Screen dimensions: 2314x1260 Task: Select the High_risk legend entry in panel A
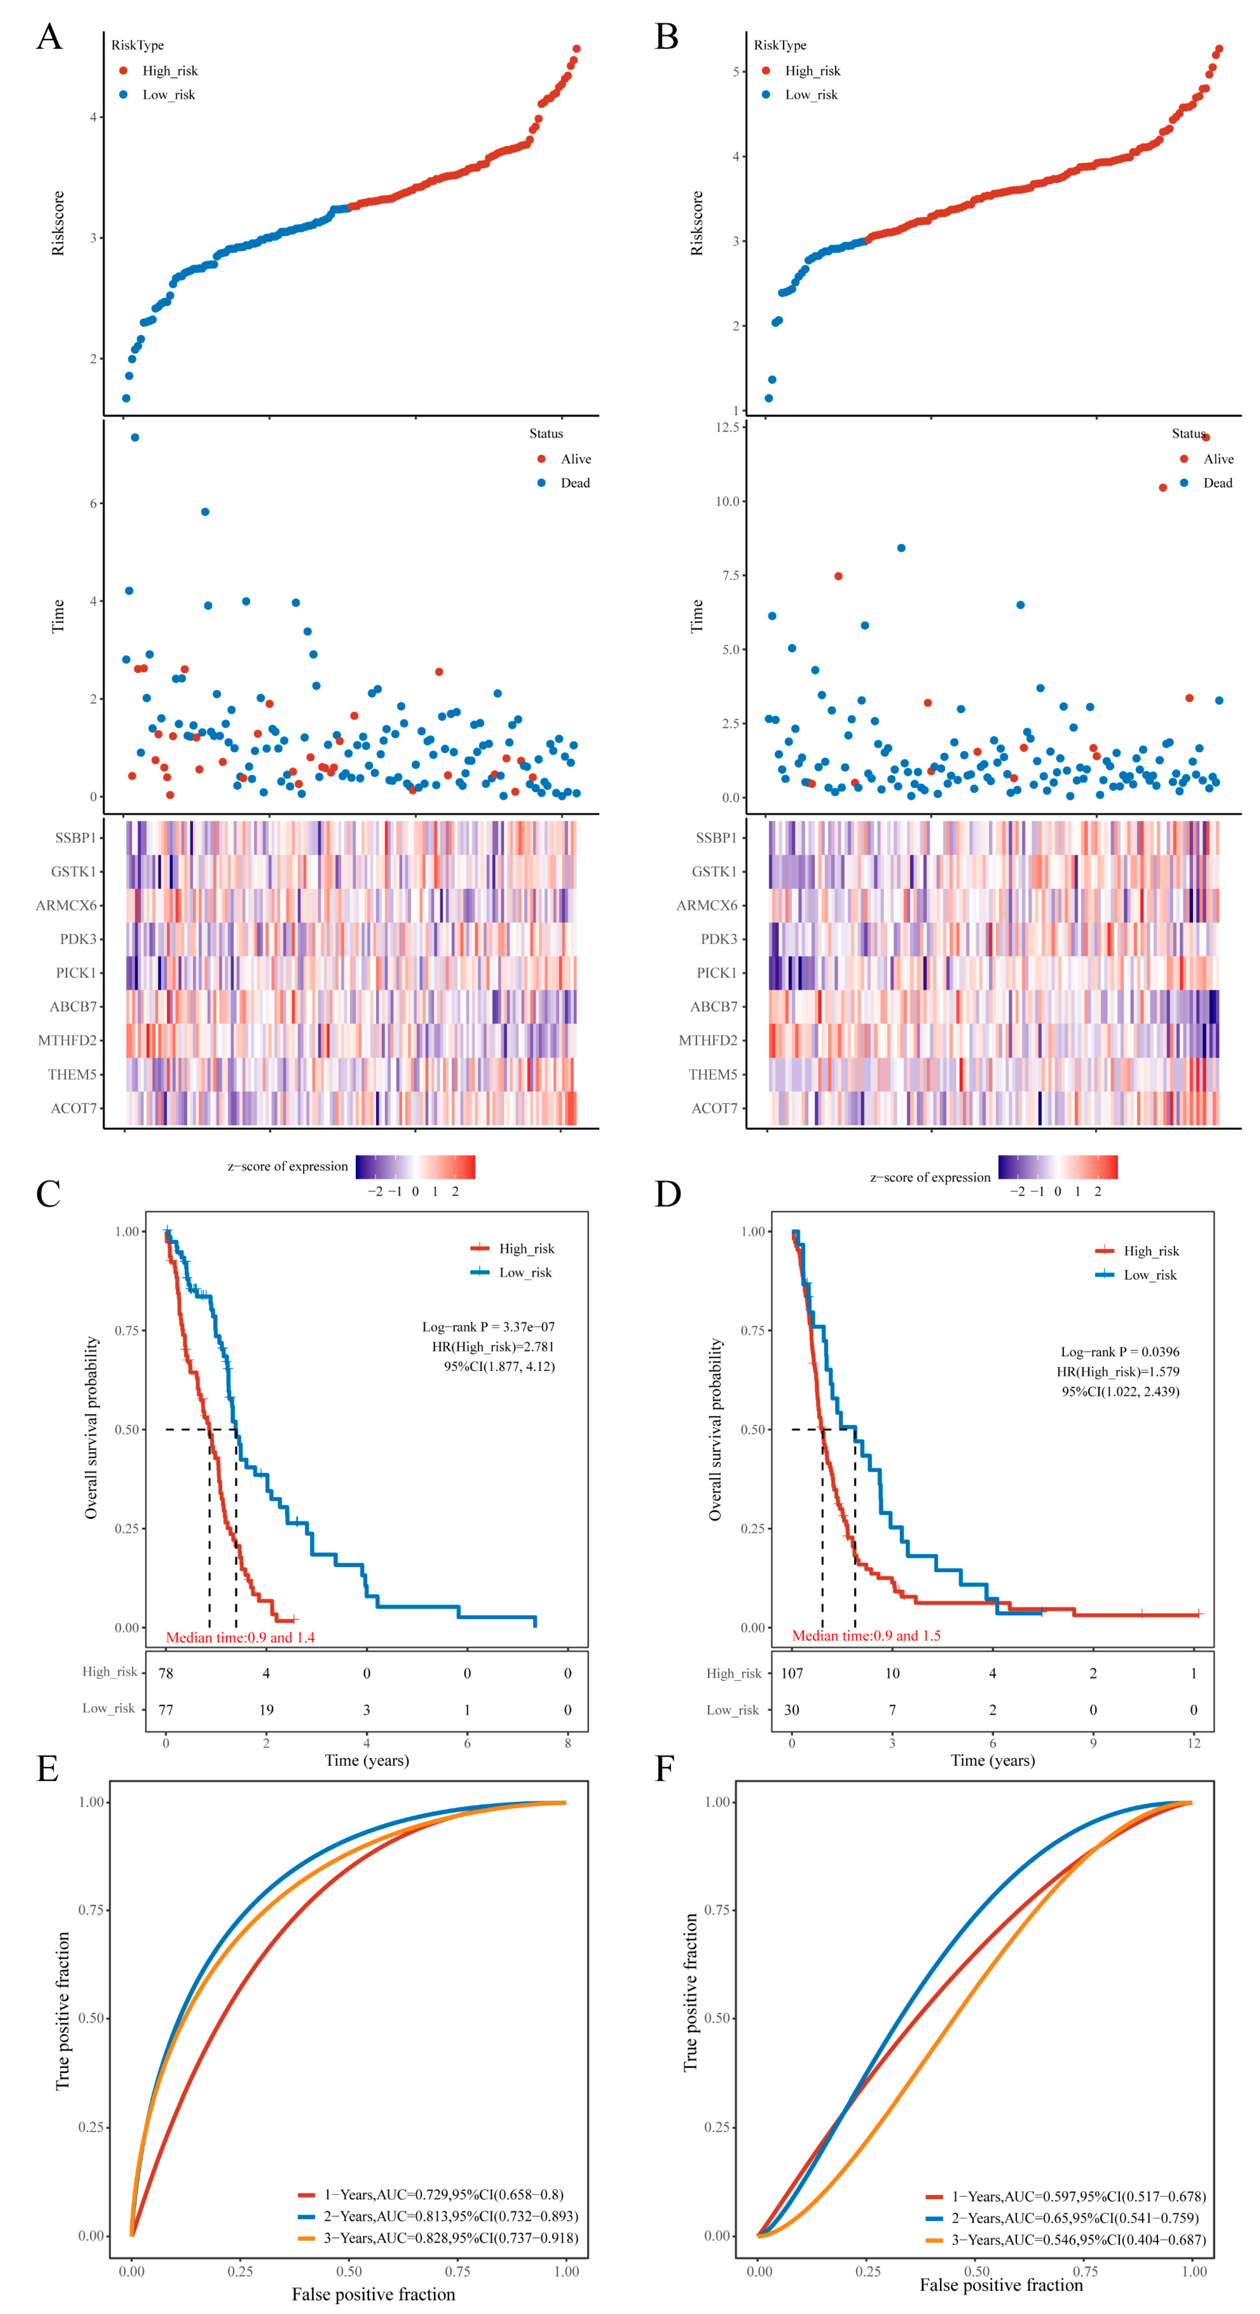pos(169,71)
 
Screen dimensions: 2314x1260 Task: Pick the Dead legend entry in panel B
pos(1217,483)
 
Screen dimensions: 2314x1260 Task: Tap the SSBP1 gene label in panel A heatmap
pos(75,838)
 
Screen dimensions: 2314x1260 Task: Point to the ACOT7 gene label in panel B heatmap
pos(714,1109)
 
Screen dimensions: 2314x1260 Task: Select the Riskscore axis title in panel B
pos(697,223)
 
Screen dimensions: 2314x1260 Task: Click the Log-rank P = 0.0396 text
pos(1119,1352)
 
